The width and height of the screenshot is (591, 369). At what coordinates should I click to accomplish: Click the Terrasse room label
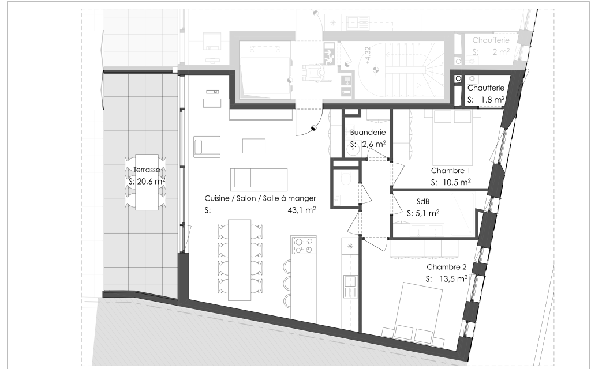[147, 170]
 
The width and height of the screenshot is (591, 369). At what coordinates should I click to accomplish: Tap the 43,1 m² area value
[301, 210]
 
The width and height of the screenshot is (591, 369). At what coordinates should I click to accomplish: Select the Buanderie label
[368, 133]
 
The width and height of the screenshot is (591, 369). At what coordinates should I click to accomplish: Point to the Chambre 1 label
[450, 171]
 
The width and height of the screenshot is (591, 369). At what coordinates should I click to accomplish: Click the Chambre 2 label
[447, 267]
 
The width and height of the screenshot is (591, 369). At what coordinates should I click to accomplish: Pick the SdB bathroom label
[423, 201]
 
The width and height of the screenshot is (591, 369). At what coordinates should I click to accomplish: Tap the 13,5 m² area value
[454, 279]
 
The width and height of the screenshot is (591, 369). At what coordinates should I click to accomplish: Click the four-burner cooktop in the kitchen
[304, 245]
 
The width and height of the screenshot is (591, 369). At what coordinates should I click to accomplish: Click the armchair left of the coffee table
[207, 147]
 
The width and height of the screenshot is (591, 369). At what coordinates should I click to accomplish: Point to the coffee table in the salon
[254, 146]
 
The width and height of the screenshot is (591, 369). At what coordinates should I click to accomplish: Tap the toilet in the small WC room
[345, 178]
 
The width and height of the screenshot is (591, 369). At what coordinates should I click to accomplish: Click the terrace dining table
[147, 182]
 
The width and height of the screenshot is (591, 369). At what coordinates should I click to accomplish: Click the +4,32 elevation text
[368, 56]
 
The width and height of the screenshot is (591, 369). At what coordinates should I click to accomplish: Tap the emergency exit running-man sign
[329, 51]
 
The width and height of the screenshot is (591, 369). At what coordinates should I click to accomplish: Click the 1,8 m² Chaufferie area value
[493, 100]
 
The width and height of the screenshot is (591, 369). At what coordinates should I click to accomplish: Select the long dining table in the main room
[240, 260]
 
